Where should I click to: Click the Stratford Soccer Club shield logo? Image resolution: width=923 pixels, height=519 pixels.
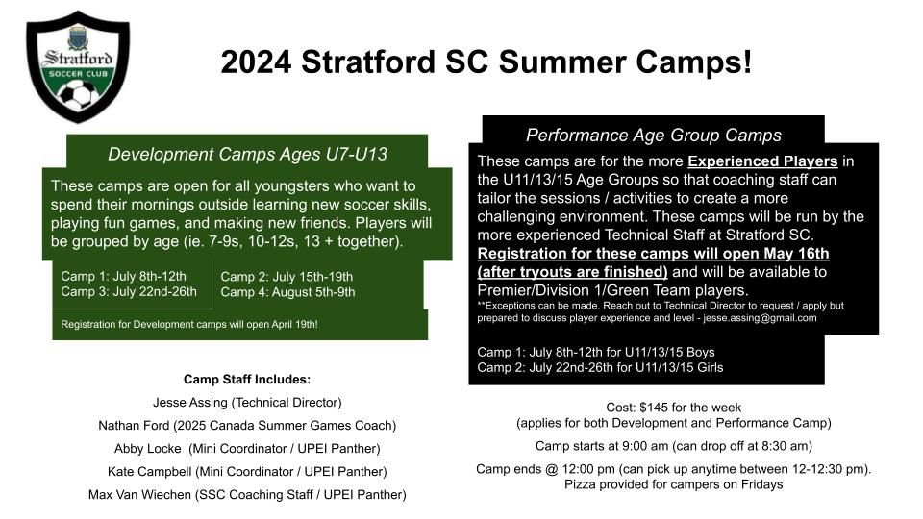pyautogui.click(x=78, y=66)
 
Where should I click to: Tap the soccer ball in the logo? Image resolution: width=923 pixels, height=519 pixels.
pyautogui.click(x=77, y=96)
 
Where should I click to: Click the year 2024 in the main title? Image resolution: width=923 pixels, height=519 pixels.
pyautogui.click(x=256, y=62)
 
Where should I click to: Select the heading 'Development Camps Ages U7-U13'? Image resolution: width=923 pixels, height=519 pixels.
pyautogui.click(x=247, y=154)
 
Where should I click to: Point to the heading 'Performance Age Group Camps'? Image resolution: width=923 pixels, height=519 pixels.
pyautogui.click(x=654, y=136)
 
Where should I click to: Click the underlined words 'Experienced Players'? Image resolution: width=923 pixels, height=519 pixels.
pyautogui.click(x=762, y=161)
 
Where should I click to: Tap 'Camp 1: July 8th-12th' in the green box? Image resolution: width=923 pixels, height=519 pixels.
pyautogui.click(x=124, y=276)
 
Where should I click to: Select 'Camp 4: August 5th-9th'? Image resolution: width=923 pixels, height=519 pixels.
pyautogui.click(x=287, y=292)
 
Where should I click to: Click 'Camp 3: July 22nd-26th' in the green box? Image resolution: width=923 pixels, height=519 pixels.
pyautogui.click(x=129, y=292)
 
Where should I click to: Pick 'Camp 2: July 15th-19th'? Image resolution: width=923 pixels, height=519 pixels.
pyautogui.click(x=287, y=277)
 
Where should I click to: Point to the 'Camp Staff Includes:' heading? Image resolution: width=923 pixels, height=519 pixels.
pyautogui.click(x=247, y=379)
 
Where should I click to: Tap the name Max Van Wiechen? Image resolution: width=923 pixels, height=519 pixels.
pyautogui.click(x=139, y=494)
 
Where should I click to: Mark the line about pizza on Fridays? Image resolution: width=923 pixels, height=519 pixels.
pyautogui.click(x=673, y=484)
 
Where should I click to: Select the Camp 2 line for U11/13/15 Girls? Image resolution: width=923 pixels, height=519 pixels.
pyautogui.click(x=600, y=368)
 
